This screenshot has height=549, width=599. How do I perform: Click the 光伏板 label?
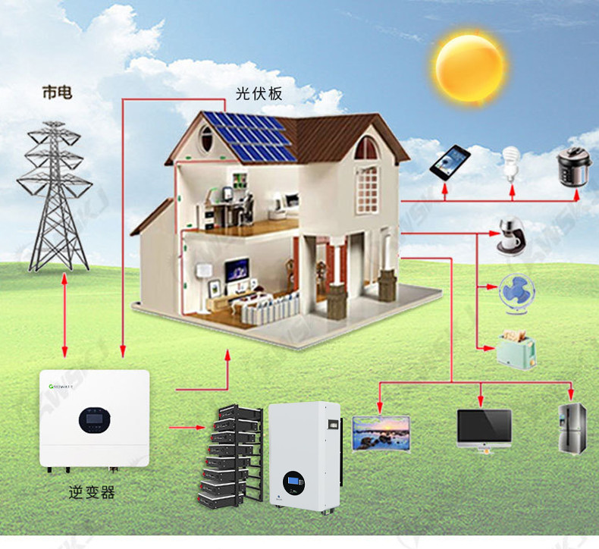click(259, 93)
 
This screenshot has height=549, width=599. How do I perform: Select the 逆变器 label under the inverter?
click(92, 492)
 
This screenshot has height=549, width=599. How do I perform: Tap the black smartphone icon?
click(450, 163)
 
